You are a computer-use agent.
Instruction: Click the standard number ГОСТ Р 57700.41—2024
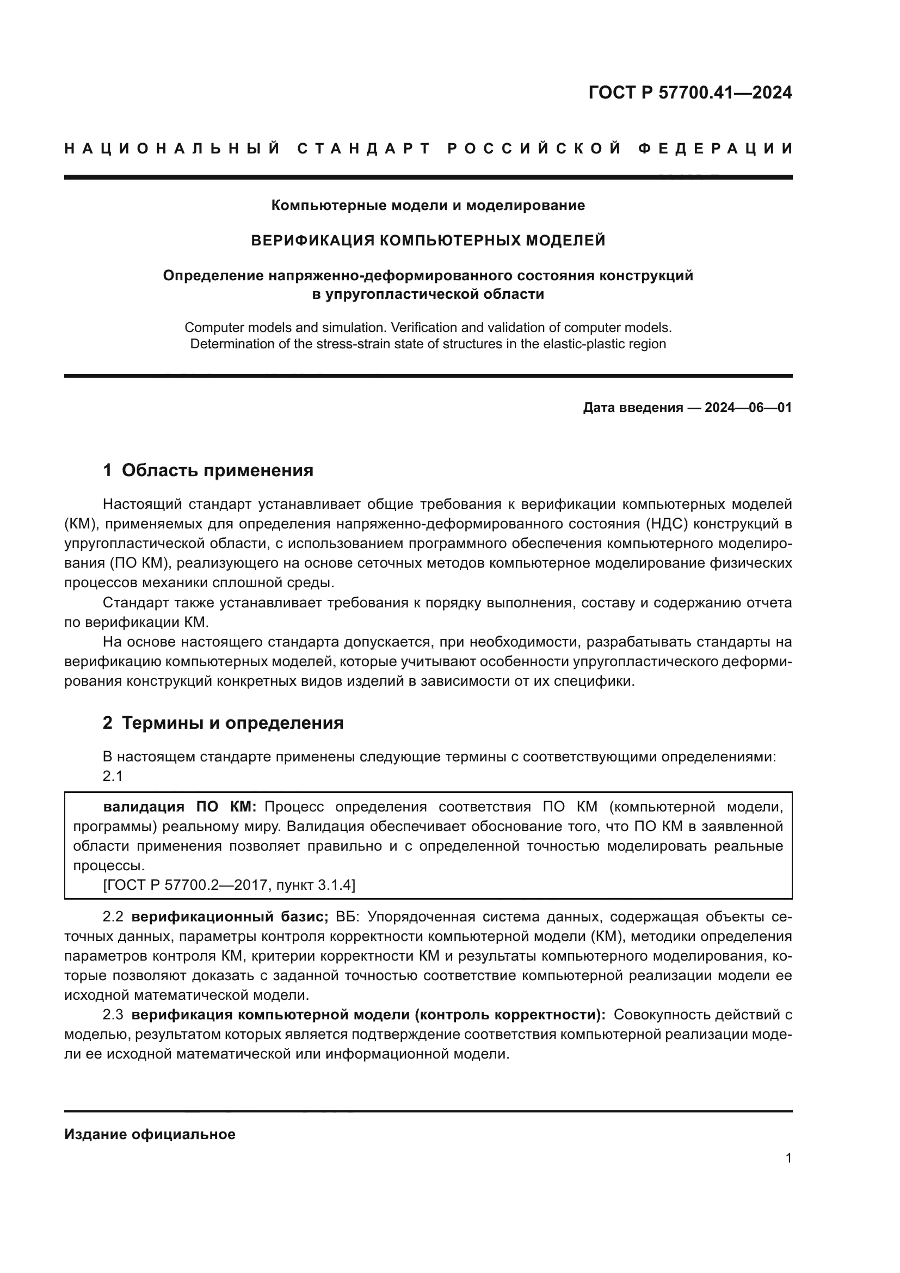click(690, 93)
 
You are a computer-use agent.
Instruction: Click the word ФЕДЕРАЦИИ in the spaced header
click(715, 149)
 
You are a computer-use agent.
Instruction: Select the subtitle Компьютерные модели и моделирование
click(428, 205)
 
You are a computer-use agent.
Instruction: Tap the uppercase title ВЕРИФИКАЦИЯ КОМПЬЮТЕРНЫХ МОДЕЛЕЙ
click(428, 240)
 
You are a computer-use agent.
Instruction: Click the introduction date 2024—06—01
click(748, 408)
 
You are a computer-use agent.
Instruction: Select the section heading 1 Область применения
click(208, 470)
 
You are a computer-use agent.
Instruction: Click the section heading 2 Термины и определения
click(223, 723)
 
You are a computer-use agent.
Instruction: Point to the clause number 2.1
click(113, 776)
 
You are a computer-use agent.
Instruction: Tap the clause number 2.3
click(113, 1014)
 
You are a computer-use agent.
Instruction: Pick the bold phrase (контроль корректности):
click(510, 1014)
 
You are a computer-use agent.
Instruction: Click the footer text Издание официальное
click(150, 1134)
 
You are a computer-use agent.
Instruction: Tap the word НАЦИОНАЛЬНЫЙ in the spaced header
click(172, 149)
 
